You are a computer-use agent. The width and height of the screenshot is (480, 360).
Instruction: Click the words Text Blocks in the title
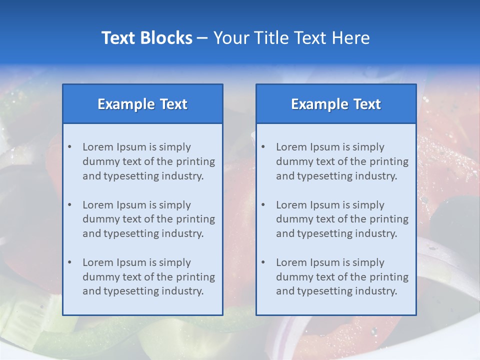point(146,38)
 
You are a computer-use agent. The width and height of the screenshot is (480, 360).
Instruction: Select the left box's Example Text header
point(142,104)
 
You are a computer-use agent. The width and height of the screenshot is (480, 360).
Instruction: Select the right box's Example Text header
point(336,104)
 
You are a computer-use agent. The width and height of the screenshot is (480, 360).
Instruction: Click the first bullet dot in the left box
point(69,147)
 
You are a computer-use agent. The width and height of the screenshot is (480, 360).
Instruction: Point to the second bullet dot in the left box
point(69,205)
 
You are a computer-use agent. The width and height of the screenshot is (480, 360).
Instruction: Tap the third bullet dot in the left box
point(69,262)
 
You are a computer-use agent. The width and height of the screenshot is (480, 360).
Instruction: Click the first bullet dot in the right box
point(263,147)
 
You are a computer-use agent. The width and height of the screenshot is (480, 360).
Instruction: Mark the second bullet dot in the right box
point(263,205)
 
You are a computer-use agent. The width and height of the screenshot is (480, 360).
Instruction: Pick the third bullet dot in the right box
point(263,262)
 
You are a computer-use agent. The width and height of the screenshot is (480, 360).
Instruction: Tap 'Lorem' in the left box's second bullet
point(98,205)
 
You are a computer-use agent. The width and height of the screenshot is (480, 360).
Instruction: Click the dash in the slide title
point(202,38)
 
